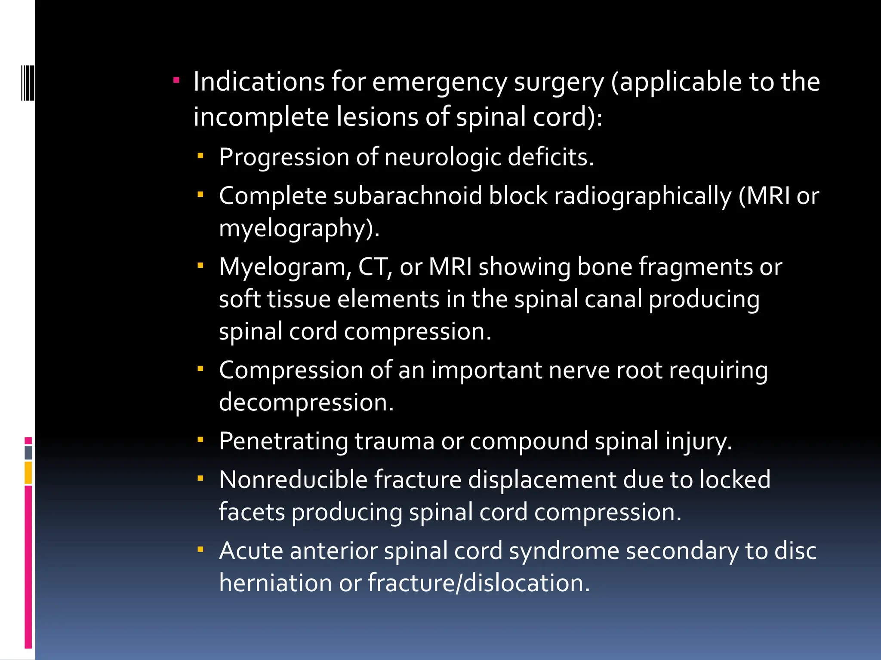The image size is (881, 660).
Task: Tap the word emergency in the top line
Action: [439, 82]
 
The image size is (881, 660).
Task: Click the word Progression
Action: [283, 157]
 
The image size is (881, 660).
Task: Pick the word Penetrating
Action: [283, 441]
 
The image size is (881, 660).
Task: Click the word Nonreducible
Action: [293, 480]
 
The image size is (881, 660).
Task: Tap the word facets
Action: [252, 512]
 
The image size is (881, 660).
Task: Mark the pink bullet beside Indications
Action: [176, 80]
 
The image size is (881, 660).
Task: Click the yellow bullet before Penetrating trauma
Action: [200, 440]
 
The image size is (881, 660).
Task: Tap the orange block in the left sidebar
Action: [28, 473]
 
